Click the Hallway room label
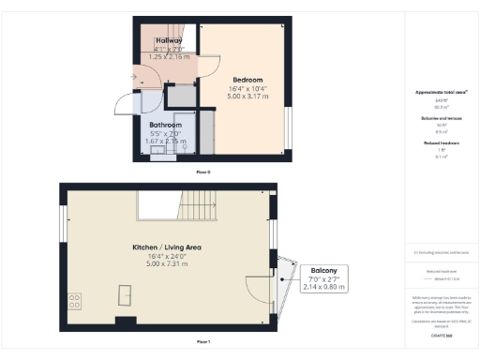169,41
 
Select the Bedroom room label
247,80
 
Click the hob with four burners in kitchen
73,302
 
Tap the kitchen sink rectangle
124,296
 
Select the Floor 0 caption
202,173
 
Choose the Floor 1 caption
202,342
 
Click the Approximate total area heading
442,92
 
